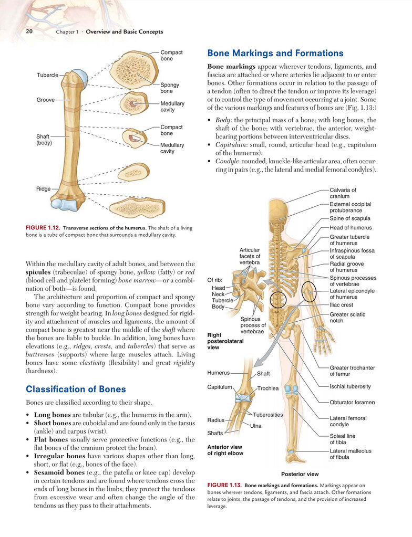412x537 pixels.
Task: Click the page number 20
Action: tap(29, 31)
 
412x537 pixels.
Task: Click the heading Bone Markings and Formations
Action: tap(275, 53)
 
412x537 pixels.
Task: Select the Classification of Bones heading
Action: tap(76, 389)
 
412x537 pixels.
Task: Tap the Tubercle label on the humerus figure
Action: tap(48, 75)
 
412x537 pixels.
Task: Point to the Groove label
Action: tap(46, 100)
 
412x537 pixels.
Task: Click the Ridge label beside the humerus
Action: tap(43, 188)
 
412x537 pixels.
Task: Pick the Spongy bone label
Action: tap(170, 88)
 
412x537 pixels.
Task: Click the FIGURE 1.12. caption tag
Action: tap(43, 228)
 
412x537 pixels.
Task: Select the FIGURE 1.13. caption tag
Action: tap(224, 485)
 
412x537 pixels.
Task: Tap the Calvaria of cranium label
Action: tap(343, 193)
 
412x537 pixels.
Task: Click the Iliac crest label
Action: tap(341, 305)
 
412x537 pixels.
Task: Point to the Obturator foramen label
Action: tap(352, 403)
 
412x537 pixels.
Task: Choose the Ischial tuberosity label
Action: tap(350, 387)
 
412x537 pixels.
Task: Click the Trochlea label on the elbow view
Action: tap(267, 389)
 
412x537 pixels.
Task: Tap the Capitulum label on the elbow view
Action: tap(220, 387)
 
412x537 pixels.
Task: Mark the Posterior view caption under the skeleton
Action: tap(300, 475)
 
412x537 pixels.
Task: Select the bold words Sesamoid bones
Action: tap(59, 472)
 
